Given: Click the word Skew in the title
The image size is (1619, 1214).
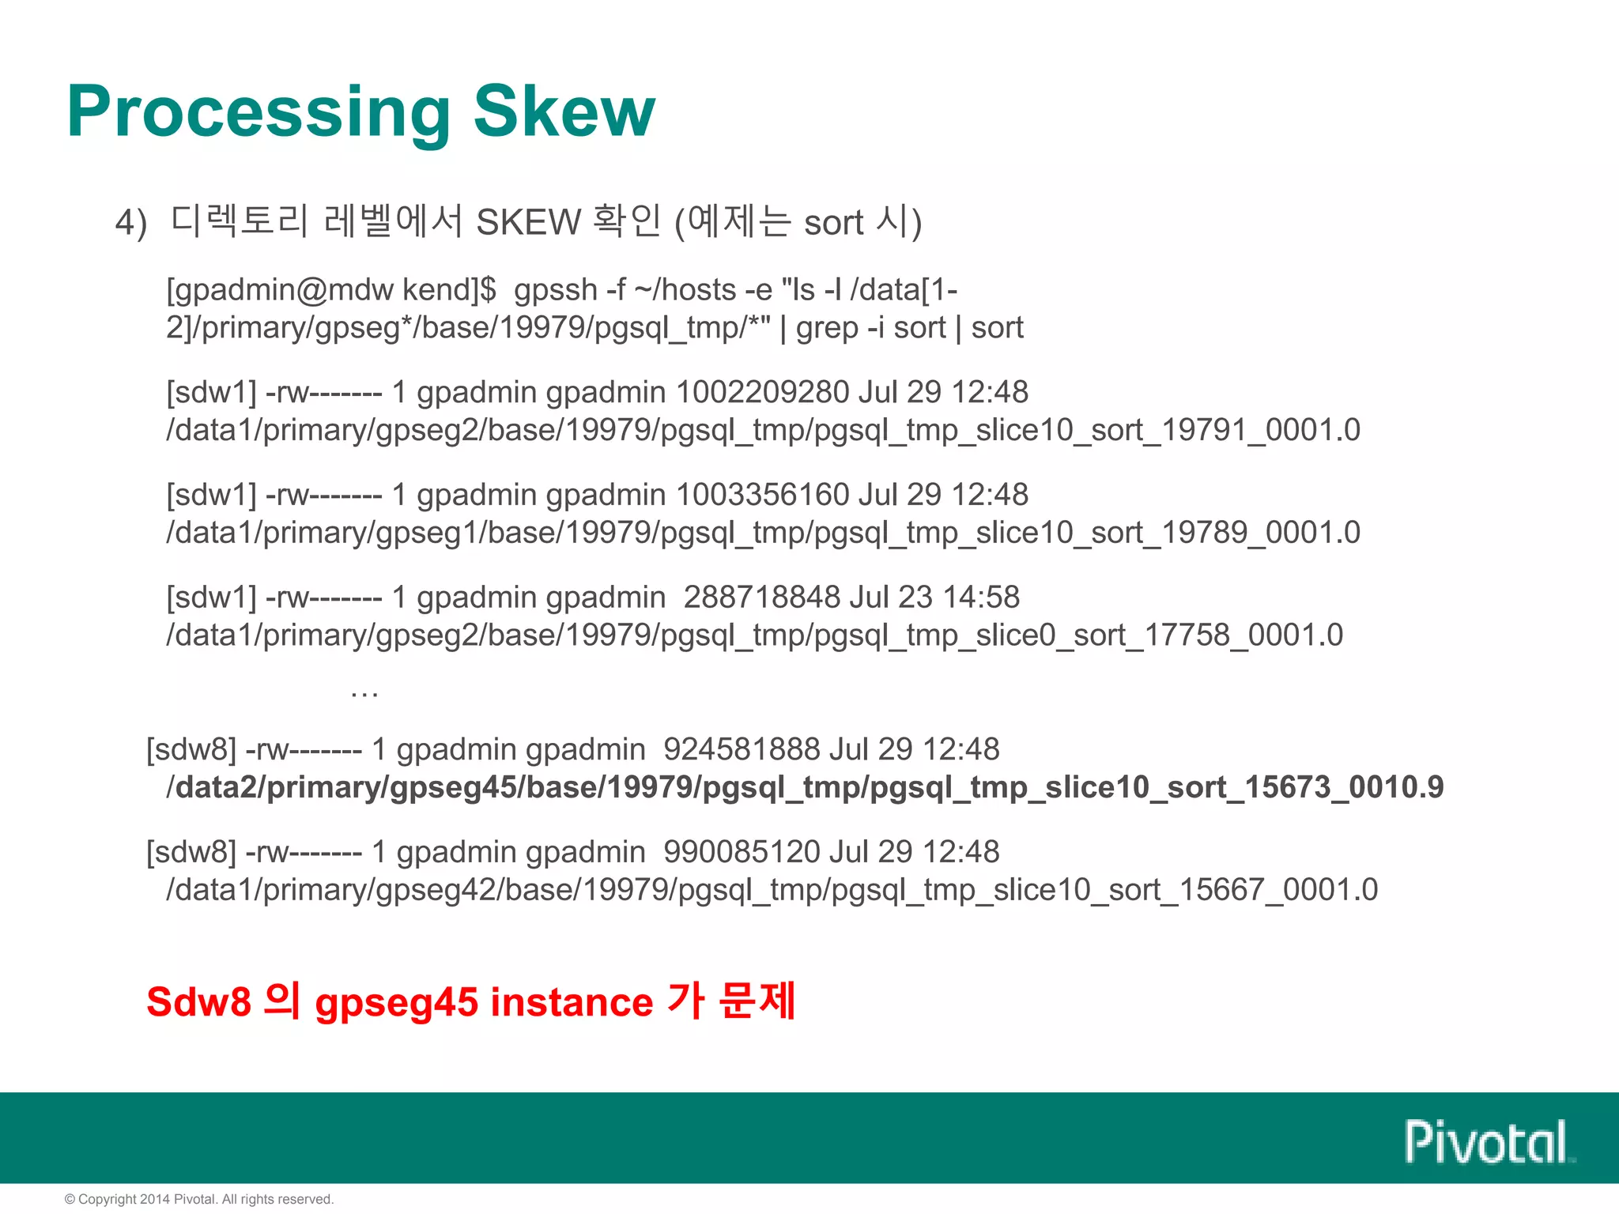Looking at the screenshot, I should pos(564,111).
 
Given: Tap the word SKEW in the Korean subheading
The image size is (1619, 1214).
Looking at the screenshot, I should pos(528,222).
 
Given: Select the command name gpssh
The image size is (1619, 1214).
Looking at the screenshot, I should pos(555,290).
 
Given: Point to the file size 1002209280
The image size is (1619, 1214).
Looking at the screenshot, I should pos(762,392).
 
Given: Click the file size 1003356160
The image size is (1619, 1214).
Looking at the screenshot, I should pos(762,495).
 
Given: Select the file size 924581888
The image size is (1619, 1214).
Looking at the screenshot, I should pos(742,749).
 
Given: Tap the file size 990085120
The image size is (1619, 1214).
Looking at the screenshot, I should pos(742,852).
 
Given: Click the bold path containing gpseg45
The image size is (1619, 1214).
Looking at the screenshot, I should pos(805,787).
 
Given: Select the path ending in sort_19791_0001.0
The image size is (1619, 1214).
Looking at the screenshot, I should pos(763,430).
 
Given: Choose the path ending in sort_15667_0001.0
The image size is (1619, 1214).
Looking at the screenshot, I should pos(772,890).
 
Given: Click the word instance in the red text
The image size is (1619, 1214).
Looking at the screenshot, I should pos(572,1002).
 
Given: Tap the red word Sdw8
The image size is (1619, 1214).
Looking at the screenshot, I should pos(198,1002).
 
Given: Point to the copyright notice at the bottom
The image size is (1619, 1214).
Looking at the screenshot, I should pos(199,1199).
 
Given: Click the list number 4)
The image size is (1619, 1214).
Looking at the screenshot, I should pos(131,223).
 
